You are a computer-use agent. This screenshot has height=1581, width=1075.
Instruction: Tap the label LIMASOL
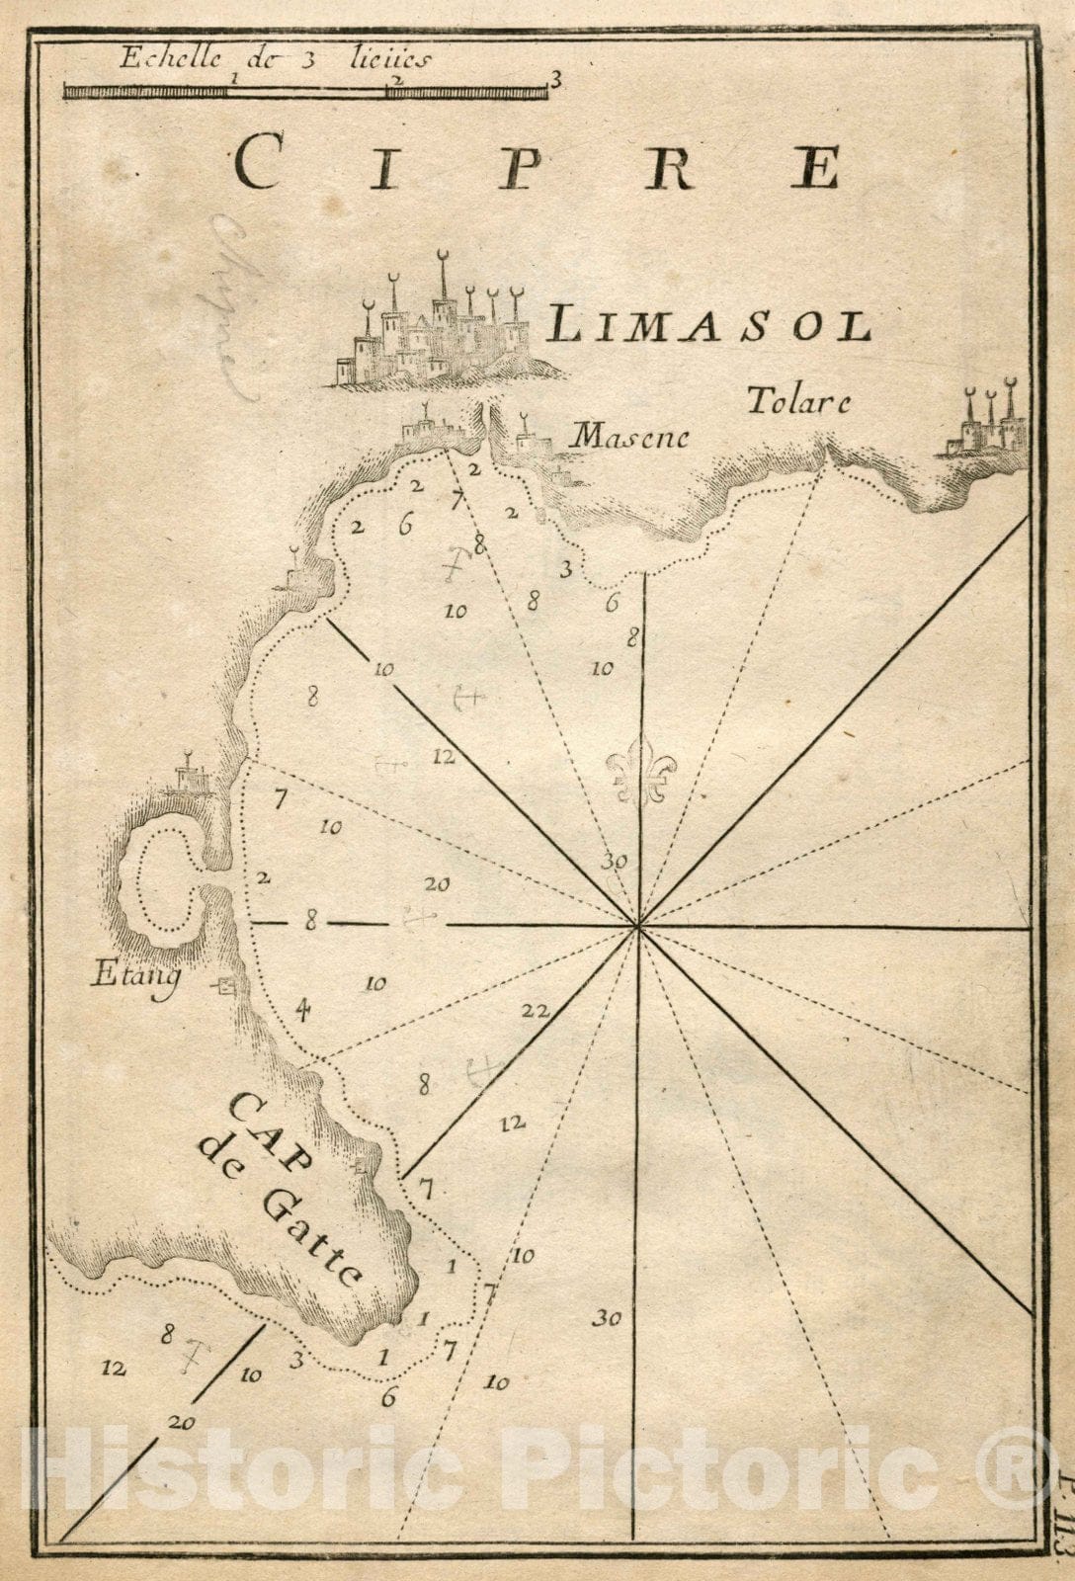(708, 324)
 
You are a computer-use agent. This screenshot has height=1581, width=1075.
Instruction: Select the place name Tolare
(797, 401)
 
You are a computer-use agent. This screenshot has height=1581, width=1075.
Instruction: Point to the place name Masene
(630, 435)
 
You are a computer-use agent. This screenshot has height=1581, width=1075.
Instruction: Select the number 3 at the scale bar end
(555, 79)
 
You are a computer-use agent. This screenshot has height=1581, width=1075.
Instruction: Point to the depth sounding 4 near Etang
(303, 1009)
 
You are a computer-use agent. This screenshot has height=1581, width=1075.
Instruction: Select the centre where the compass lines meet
(639, 926)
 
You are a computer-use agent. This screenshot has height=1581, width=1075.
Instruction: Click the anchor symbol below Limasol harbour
(453, 565)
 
